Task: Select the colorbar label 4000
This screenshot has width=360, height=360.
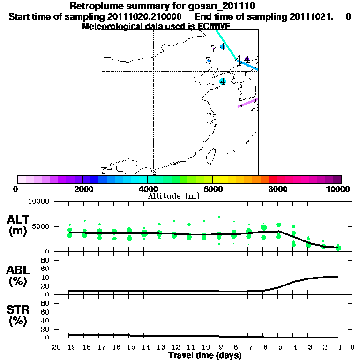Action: coord(147,189)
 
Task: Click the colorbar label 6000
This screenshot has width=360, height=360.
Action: coord(212,189)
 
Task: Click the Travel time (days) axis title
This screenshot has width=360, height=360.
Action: coord(205,356)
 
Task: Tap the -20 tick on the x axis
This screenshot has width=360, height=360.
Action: coord(55,347)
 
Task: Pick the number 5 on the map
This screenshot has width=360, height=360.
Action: coord(208,61)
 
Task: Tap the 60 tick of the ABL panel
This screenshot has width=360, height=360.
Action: coord(45,269)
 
